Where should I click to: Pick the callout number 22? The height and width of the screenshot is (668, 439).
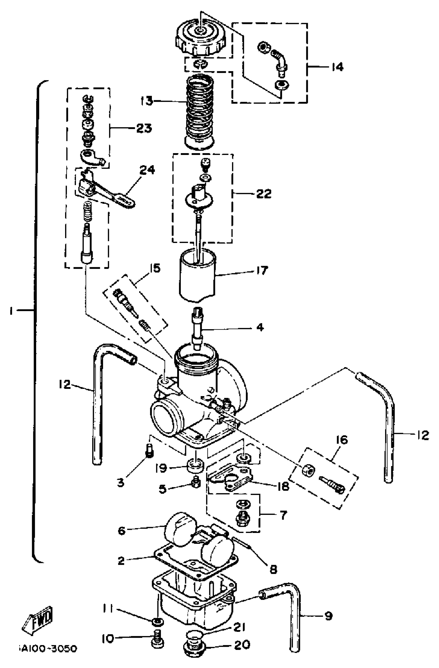264,193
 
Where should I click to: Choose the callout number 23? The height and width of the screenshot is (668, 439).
144,128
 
